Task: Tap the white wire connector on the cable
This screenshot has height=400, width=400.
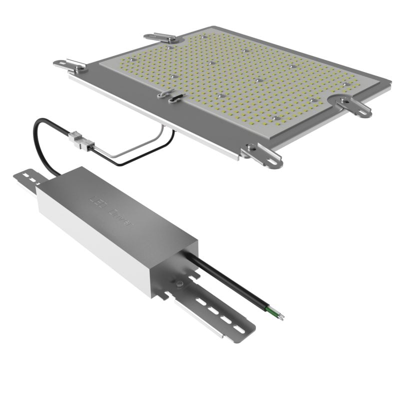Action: pos(82,141)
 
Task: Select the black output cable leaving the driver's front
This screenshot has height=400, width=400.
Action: pos(230,282)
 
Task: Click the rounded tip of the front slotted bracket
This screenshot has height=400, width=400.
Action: pos(246,330)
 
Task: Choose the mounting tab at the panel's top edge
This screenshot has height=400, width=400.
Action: pos(160,37)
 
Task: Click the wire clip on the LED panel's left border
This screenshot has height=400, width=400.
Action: pos(170,95)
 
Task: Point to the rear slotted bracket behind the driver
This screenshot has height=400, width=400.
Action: pos(28,179)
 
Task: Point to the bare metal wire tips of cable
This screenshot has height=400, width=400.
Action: pos(281,316)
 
